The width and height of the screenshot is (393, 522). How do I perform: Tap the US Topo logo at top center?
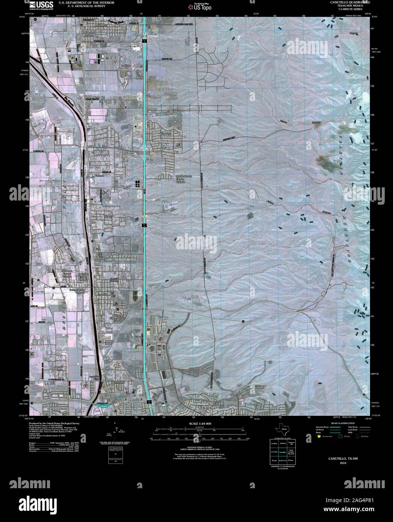[x=200, y=6]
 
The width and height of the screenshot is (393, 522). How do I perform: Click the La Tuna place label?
[x=125, y=65]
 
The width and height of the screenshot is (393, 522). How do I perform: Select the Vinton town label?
[x=99, y=176]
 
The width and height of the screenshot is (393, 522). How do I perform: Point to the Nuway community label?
[x=108, y=217]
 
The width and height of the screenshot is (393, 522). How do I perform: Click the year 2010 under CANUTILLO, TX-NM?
[x=342, y=463]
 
